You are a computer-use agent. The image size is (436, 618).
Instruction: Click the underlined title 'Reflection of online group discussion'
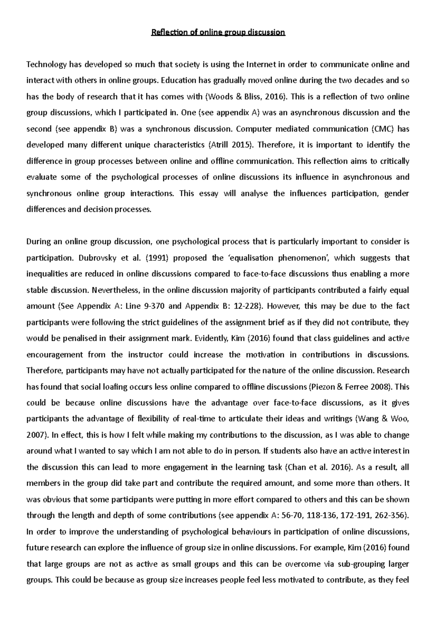(218, 33)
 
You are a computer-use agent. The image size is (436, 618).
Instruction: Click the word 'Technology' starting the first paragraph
(46, 65)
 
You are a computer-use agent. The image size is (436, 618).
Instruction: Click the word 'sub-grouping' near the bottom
(355, 564)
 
